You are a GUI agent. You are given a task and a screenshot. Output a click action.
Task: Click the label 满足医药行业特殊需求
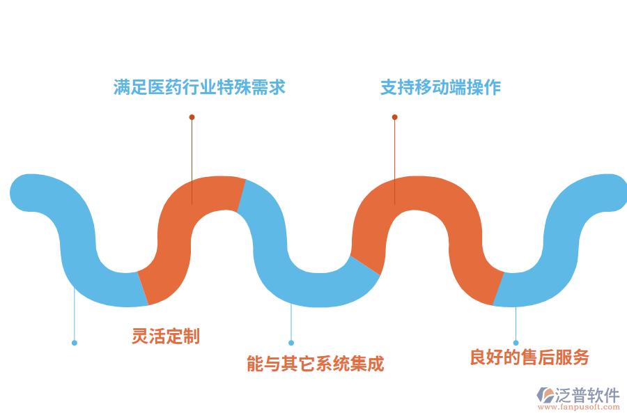click(x=199, y=87)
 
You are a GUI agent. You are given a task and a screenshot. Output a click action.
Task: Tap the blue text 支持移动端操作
click(x=440, y=87)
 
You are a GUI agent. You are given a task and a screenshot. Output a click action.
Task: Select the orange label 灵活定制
click(x=166, y=336)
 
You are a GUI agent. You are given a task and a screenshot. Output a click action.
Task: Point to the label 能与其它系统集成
click(x=315, y=363)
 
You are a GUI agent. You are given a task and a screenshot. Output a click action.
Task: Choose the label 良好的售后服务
click(x=529, y=357)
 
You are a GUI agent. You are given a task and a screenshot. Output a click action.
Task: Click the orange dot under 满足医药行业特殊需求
click(x=192, y=117)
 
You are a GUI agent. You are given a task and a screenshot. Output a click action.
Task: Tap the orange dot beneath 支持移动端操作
click(x=394, y=117)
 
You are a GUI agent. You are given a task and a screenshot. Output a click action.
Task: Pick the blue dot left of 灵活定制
click(x=75, y=343)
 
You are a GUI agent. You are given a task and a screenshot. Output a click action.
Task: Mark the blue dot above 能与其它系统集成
click(x=291, y=343)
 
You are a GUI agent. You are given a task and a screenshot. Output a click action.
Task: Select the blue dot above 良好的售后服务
click(x=516, y=343)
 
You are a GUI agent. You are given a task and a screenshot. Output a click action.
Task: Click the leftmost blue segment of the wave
click(x=77, y=237)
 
